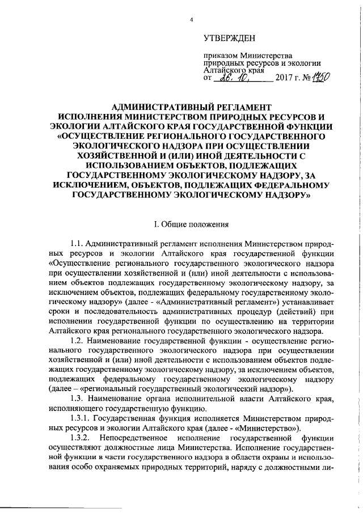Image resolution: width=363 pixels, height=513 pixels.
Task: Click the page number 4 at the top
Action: [192, 21]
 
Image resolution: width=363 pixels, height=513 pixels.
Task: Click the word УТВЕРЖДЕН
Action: [230, 39]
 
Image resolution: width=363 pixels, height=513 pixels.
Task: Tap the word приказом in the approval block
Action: [221, 56]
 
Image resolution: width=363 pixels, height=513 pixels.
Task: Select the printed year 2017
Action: [286, 78]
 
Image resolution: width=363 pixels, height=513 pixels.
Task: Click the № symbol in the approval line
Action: [306, 78]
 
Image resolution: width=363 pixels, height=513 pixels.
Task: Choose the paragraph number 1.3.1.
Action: [81, 418]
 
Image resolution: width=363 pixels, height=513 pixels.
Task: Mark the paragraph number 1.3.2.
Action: [81, 438]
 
